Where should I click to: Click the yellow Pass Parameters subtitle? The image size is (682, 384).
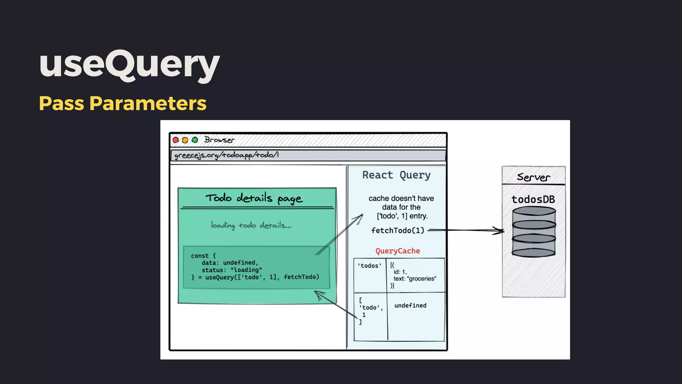coord(123,103)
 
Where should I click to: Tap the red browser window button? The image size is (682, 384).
coord(175,140)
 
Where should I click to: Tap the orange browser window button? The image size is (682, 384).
coord(185,140)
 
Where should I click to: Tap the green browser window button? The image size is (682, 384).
coord(195,140)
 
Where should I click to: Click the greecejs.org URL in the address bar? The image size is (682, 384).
coord(226,155)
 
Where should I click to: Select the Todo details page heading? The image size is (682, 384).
coord(254,198)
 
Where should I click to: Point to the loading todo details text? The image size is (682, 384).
coord(251,225)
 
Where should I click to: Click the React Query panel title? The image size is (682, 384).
coord(396,175)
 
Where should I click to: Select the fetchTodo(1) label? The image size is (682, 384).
coord(398,231)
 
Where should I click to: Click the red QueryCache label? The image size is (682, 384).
coord(398,251)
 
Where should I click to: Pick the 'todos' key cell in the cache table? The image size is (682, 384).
coord(370,266)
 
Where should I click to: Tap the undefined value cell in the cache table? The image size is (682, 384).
coord(410,306)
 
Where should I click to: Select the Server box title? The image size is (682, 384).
coord(533,177)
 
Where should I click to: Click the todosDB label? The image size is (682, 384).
coord(533,200)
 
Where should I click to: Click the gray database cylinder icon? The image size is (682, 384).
coord(534,232)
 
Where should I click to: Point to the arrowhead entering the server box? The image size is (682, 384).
coord(501,231)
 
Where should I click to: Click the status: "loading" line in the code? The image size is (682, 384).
coord(232,270)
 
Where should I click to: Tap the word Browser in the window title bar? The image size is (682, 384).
coord(219,140)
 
